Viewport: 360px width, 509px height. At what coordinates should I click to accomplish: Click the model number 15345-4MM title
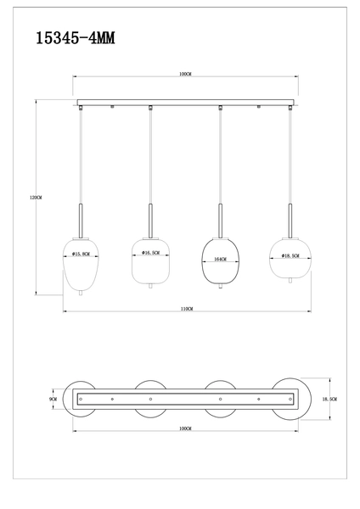point(77,37)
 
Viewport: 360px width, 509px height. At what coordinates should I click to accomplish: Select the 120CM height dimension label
point(36,197)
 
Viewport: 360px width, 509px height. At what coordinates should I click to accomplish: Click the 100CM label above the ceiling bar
point(185,75)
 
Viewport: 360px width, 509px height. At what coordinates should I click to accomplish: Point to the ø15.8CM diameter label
point(82,254)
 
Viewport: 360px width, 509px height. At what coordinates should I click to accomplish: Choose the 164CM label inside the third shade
point(220,260)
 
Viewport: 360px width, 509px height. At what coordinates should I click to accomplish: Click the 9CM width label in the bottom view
point(53,398)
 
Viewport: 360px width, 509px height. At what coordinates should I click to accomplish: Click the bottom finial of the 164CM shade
point(220,292)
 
